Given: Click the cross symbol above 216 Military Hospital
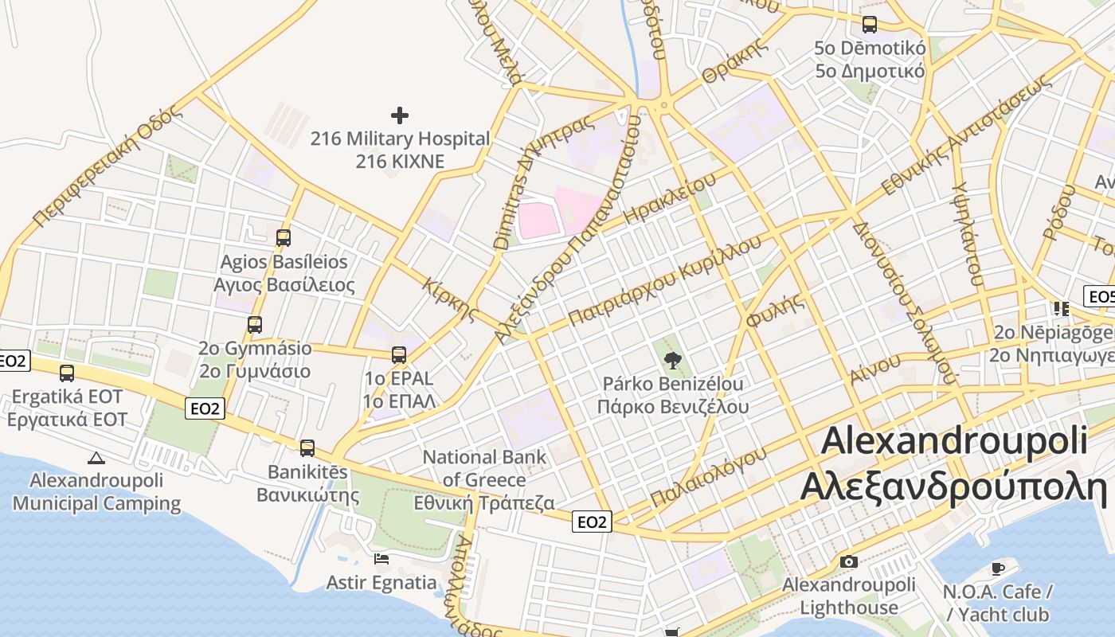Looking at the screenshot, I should pyautogui.click(x=400, y=115).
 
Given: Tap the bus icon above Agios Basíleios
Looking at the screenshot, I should pyautogui.click(x=283, y=237).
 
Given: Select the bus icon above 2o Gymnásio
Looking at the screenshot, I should pyautogui.click(x=255, y=325).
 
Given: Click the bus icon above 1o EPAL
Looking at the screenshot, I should pyautogui.click(x=398, y=355).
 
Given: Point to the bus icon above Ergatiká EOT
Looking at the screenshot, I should pyautogui.click(x=67, y=373).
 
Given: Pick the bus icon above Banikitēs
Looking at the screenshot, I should pyautogui.click(x=307, y=448).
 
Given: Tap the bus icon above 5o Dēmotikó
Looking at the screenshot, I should pyautogui.click(x=870, y=25).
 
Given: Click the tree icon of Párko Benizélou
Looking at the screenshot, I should pyautogui.click(x=673, y=361).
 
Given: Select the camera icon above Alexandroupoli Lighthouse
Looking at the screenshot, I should pyautogui.click(x=849, y=561).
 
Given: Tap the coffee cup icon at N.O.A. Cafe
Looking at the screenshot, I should pyautogui.click(x=998, y=569).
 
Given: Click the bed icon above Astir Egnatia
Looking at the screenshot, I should pyautogui.click(x=381, y=559).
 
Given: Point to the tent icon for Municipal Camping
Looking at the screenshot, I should pyautogui.click(x=96, y=458).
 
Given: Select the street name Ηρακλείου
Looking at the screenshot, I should pyautogui.click(x=671, y=198).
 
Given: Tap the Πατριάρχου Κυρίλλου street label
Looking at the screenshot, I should pyautogui.click(x=660, y=282).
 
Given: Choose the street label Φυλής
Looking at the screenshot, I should pyautogui.click(x=774, y=310).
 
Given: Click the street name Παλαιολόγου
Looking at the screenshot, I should pyautogui.click(x=708, y=476).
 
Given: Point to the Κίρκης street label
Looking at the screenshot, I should pyautogui.click(x=451, y=299).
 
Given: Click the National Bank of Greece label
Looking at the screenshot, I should pyautogui.click(x=484, y=479).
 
